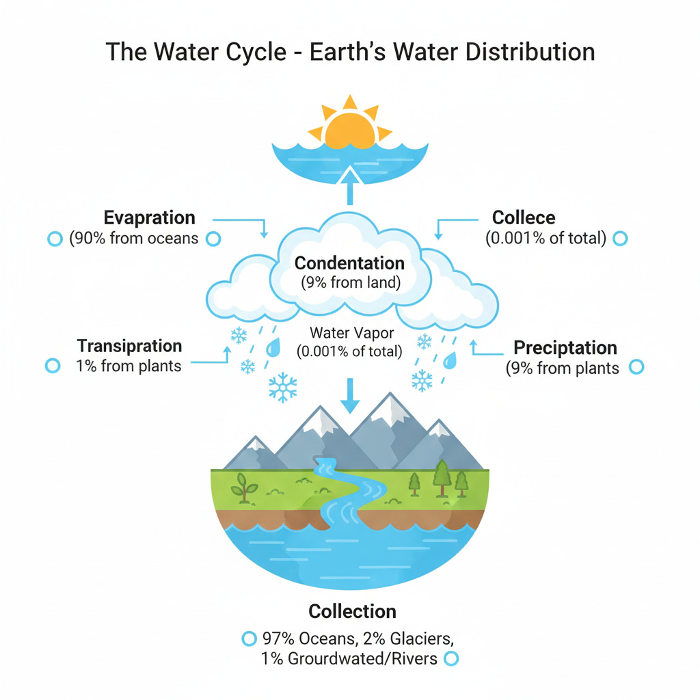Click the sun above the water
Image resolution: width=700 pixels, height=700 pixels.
(350, 123)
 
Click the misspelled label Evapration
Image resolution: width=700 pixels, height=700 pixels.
(150, 218)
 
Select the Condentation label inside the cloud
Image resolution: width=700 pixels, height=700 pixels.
(349, 263)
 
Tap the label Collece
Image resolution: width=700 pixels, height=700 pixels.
(524, 218)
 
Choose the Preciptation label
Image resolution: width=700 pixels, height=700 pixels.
(565, 347)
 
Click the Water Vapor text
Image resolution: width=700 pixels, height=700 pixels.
(349, 333)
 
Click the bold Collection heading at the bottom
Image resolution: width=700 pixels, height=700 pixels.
(352, 610)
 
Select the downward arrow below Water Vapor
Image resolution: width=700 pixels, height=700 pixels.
(349, 395)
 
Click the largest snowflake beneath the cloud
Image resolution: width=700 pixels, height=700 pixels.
(282, 388)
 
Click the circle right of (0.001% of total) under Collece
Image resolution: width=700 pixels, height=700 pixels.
(620, 239)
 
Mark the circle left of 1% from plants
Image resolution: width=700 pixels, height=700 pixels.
(53, 366)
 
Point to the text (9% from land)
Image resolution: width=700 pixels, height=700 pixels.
(350, 283)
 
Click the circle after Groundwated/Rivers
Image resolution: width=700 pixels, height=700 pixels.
(450, 659)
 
